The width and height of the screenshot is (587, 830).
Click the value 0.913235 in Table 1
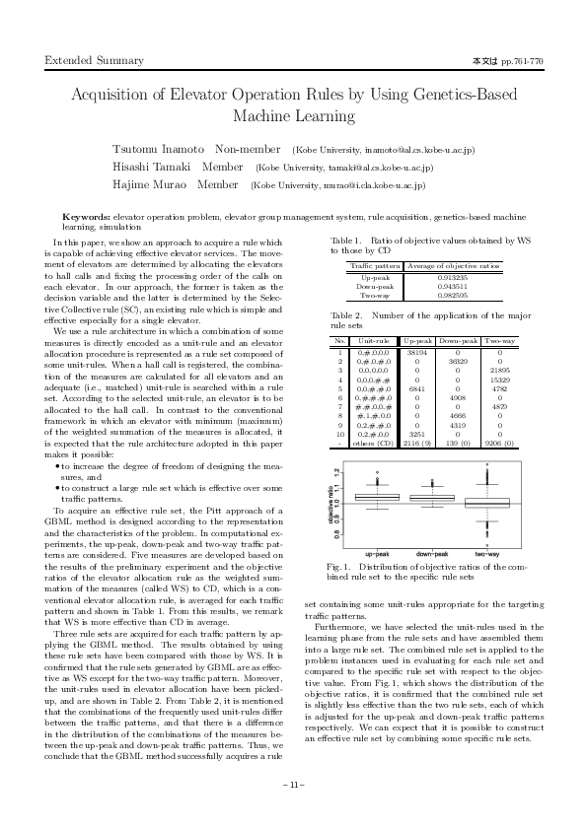coord(452,277)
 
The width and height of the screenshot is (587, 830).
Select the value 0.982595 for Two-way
coord(452,295)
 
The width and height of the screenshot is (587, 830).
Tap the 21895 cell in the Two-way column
coord(499,370)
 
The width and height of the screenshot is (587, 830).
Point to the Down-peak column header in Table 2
coord(458,340)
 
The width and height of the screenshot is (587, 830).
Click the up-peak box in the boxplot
coord(376,498)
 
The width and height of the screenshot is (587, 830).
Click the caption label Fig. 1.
coord(349,568)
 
